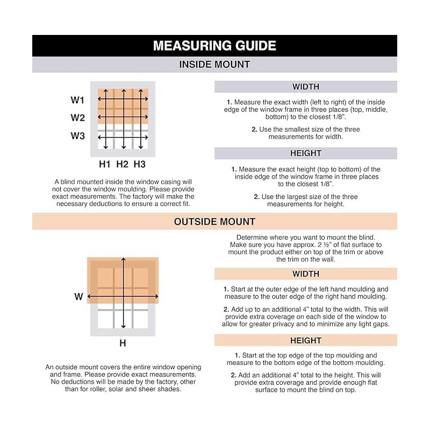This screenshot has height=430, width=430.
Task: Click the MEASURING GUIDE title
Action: pos(214,46)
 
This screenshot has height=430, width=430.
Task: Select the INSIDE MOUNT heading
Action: pos(214,64)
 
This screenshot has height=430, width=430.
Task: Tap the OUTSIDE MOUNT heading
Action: pos(214,221)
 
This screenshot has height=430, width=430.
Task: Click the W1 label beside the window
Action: pos(78,100)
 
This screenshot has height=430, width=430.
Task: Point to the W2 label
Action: pos(78,118)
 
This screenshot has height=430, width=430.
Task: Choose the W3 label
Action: pos(78,136)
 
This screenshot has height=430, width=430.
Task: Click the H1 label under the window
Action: pos(104,163)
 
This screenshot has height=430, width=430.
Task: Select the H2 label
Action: pos(122,163)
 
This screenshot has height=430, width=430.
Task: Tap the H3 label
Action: pos(140,163)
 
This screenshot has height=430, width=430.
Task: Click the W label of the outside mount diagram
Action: pos(78,296)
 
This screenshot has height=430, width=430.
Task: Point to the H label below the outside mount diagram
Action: pos(123,342)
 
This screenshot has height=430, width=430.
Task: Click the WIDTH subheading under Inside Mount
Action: pos(306,87)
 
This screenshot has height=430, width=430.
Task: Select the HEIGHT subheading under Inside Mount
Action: pos(306,153)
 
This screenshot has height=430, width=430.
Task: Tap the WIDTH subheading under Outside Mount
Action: pos(306,274)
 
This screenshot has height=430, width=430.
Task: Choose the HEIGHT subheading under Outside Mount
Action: pos(306,340)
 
